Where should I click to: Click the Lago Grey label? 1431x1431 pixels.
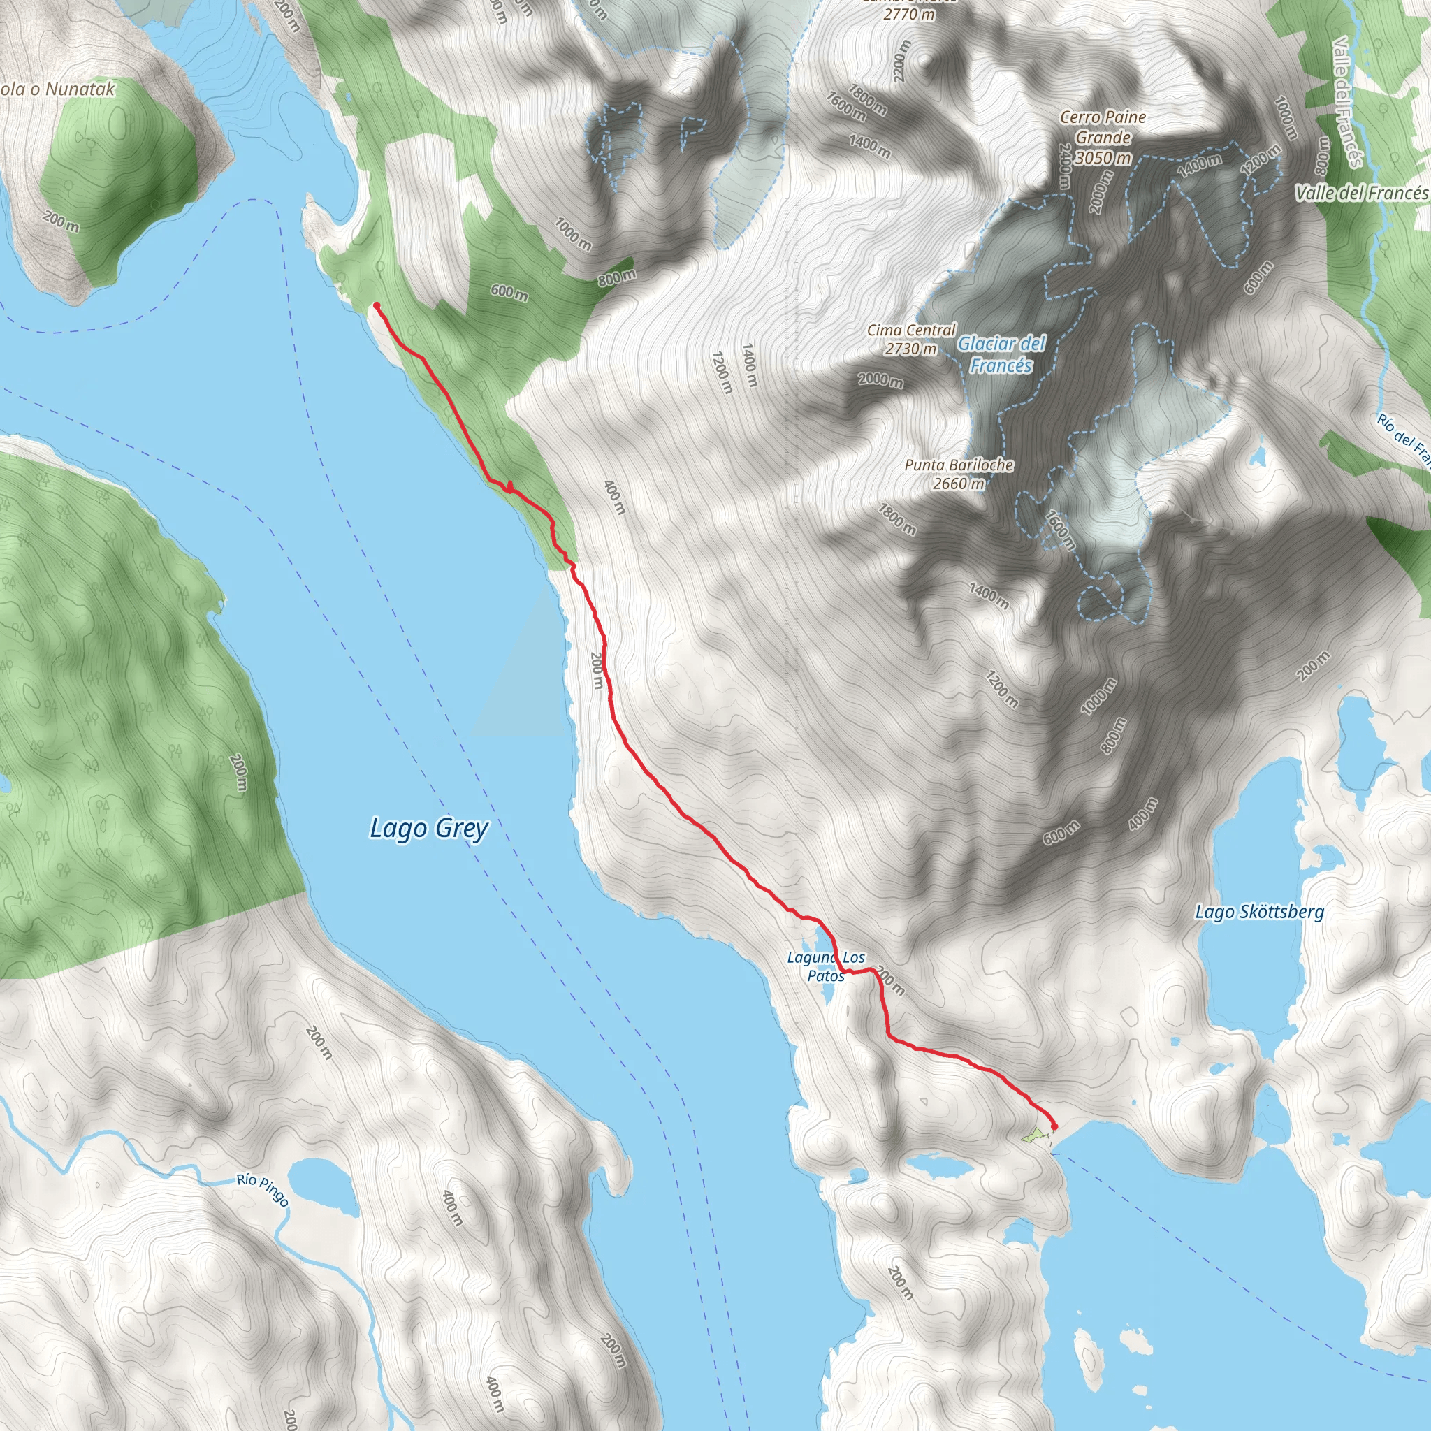tap(429, 828)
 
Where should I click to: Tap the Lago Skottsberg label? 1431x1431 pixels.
tap(1259, 912)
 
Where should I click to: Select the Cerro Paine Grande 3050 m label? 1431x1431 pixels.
tap(1103, 137)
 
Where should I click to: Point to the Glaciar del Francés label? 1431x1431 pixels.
tap(1001, 354)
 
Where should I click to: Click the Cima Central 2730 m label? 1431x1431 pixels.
tap(911, 339)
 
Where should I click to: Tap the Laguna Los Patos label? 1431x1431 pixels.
tap(826, 966)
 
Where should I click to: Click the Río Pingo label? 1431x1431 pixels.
tap(263, 1189)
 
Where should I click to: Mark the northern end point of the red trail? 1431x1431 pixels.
tap(377, 305)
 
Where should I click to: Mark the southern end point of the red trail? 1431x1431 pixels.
tap(1054, 1126)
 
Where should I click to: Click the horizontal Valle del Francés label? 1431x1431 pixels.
tap(1361, 194)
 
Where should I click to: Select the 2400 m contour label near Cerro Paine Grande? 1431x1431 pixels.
tap(1064, 167)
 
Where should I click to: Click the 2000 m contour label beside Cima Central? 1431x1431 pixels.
tap(880, 380)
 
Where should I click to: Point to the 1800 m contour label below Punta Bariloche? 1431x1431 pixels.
tap(897, 519)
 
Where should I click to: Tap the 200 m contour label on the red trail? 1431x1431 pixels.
tap(597, 670)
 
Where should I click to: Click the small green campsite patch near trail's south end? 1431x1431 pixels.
tap(1032, 1134)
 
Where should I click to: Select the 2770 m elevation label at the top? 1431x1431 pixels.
tap(909, 13)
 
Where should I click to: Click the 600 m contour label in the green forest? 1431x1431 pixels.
tap(509, 293)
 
